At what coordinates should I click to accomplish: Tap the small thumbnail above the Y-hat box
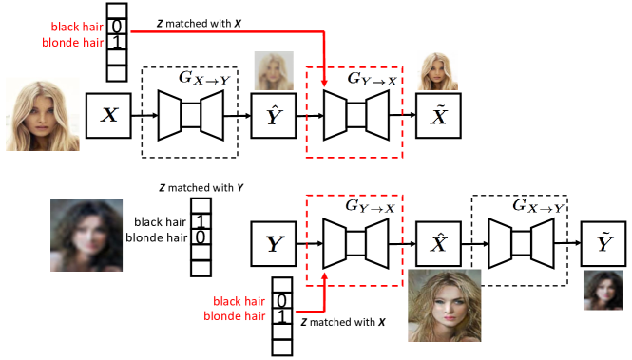[x=274, y=70]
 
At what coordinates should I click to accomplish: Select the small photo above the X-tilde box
[x=437, y=71]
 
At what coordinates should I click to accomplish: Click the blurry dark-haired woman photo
[x=86, y=237]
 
